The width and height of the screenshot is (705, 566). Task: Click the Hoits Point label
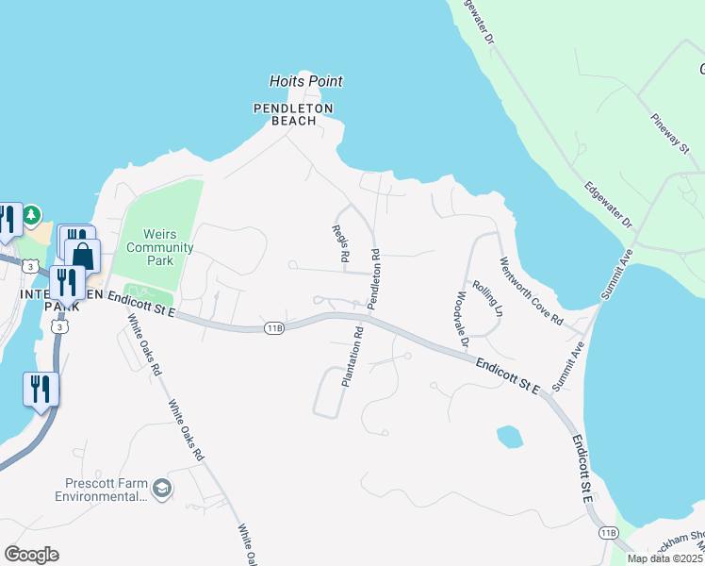(305, 82)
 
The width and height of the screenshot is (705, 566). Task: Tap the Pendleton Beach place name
(294, 114)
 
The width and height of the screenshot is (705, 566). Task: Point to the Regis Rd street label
(341, 243)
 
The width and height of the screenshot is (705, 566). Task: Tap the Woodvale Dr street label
(461, 321)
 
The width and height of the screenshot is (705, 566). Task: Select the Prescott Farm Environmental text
(104, 489)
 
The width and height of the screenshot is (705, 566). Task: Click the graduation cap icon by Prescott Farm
(163, 488)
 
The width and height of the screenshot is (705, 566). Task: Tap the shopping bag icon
(83, 258)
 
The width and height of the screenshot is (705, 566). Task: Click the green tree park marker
(32, 216)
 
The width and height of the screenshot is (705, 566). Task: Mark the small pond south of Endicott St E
(509, 436)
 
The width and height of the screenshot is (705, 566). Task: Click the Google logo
(31, 555)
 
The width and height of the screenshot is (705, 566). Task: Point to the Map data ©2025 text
(664, 558)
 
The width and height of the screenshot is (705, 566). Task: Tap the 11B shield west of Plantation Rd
(274, 327)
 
